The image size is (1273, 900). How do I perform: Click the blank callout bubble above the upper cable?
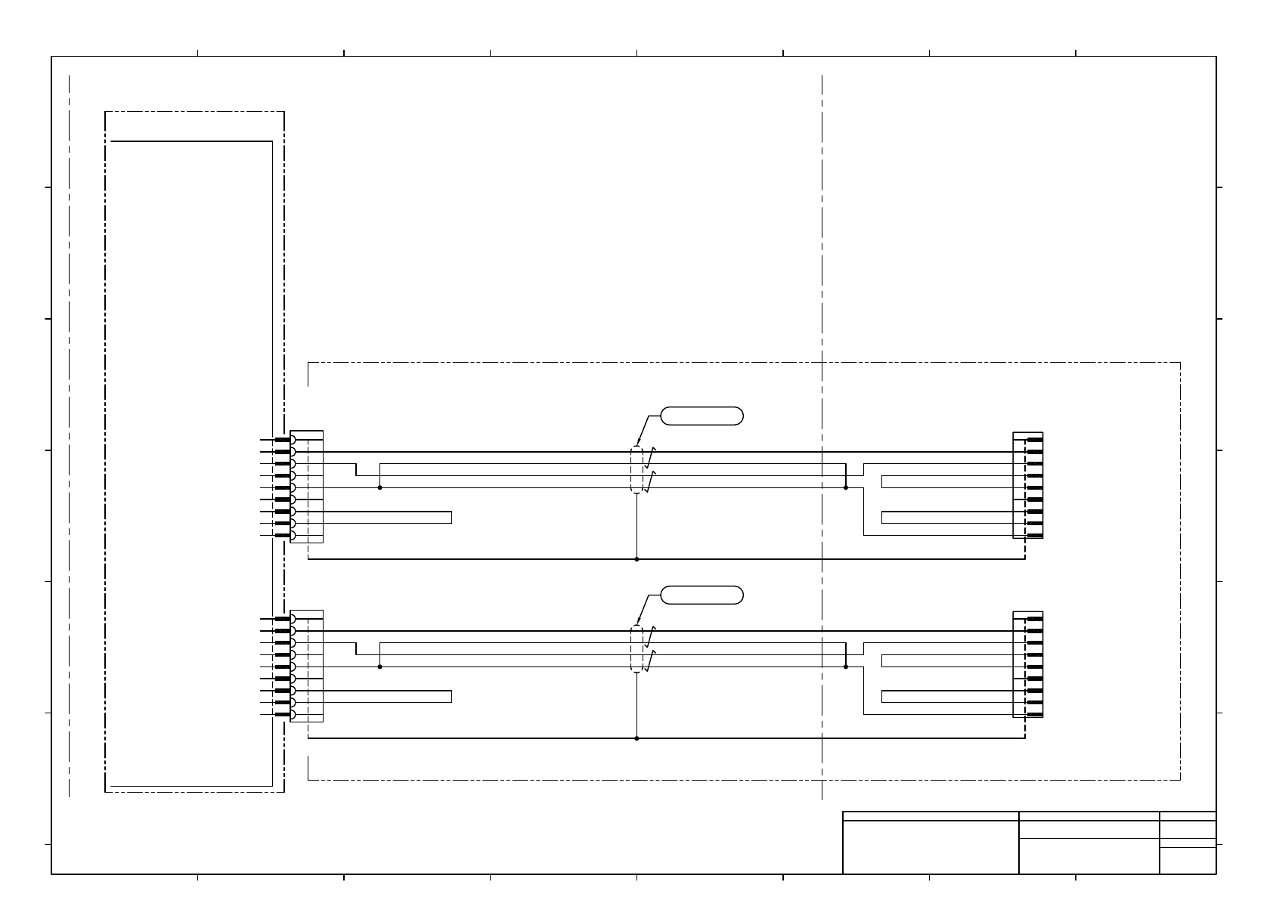702,416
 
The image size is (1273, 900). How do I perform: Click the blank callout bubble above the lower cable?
702,595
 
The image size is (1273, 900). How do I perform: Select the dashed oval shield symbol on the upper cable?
636,470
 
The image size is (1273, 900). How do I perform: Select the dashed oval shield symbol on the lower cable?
636,649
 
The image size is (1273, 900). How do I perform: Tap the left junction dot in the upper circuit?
379,487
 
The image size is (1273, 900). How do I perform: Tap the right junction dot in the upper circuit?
845,487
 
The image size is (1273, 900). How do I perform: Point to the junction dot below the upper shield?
636,559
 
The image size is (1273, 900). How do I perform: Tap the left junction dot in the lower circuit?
379,666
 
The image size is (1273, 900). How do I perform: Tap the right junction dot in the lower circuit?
845,666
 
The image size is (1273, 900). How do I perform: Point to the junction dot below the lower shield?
636,738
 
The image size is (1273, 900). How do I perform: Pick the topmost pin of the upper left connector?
283,440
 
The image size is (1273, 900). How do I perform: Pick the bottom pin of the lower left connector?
283,714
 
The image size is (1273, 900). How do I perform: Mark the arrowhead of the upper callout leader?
639,443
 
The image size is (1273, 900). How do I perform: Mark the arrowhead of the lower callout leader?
639,622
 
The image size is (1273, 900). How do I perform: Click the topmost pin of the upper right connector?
1035,440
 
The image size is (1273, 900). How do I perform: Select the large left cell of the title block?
931,847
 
